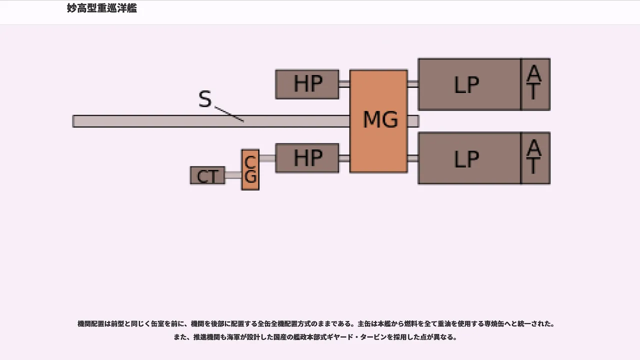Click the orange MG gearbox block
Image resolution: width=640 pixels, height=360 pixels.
tap(378, 121)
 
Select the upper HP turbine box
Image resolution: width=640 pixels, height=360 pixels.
tap(307, 84)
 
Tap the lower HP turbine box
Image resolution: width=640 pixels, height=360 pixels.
tap(307, 158)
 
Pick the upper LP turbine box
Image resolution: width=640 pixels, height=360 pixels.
tap(469, 84)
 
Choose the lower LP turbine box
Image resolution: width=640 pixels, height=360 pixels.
tap(469, 158)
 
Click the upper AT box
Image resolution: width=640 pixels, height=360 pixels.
tap(535, 84)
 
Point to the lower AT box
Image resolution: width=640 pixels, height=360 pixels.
tap(535, 158)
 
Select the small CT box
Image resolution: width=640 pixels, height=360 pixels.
tap(207, 175)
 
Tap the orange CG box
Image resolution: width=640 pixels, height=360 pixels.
tap(250, 169)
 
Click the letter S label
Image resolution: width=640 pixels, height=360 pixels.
tap(205, 99)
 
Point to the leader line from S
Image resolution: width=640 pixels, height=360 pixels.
tap(229, 114)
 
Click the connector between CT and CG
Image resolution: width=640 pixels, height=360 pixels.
tap(233, 175)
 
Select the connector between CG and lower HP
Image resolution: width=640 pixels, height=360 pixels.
tap(267, 158)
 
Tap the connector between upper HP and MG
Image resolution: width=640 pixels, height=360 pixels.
tap(344, 84)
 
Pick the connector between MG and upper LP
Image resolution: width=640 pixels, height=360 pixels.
tap(413, 84)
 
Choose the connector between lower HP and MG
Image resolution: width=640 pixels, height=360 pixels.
tap(344, 158)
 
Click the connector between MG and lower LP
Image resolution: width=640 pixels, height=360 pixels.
tap(413, 158)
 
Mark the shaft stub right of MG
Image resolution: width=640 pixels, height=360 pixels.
tap(413, 121)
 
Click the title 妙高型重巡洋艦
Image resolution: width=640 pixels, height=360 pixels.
tap(102, 8)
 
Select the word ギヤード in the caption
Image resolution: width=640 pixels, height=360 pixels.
tap(341, 337)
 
